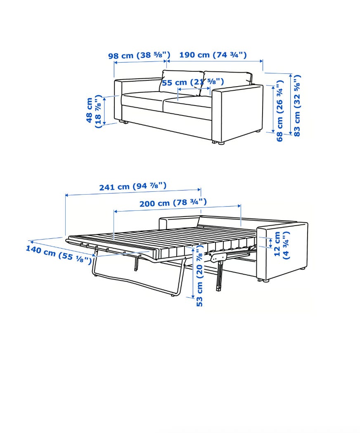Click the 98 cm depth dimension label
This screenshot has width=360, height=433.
click(139, 55)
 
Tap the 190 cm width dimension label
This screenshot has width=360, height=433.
click(213, 55)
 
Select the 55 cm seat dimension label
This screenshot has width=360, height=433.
click(193, 82)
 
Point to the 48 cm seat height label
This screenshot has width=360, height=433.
click(94, 111)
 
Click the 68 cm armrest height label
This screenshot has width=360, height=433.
click(280, 111)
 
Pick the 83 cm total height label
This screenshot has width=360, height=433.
click(297, 106)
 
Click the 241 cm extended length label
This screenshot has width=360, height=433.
click(133, 186)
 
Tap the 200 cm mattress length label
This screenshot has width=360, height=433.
click(173, 203)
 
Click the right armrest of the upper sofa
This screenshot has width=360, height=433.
click(237, 114)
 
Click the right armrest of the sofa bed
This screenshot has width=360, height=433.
click(282, 250)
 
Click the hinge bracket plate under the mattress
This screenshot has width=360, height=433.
click(219, 257)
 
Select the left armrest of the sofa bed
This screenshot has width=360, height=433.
click(179, 222)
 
